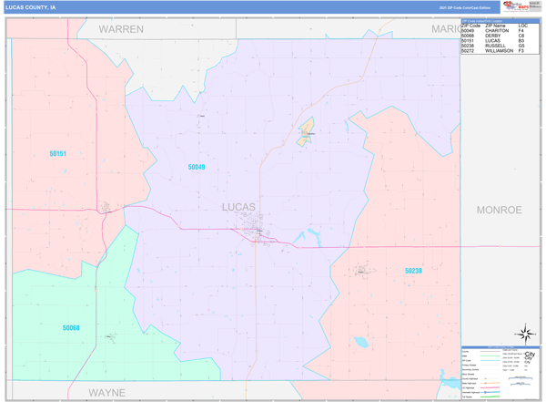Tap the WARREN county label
pos(121,29)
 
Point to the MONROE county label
pos(499,210)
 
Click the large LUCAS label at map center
pos(239,207)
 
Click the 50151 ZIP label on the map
pos(57,154)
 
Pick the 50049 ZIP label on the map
pos(197,168)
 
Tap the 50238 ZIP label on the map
pos(413,271)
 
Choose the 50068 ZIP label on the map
pos(71,328)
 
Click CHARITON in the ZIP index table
pos(497,31)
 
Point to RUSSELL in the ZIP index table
pos(496,46)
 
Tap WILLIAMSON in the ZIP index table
pos(500,51)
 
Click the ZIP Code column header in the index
pos(470,26)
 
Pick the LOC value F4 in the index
pos(521,31)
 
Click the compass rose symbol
pos(525,334)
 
